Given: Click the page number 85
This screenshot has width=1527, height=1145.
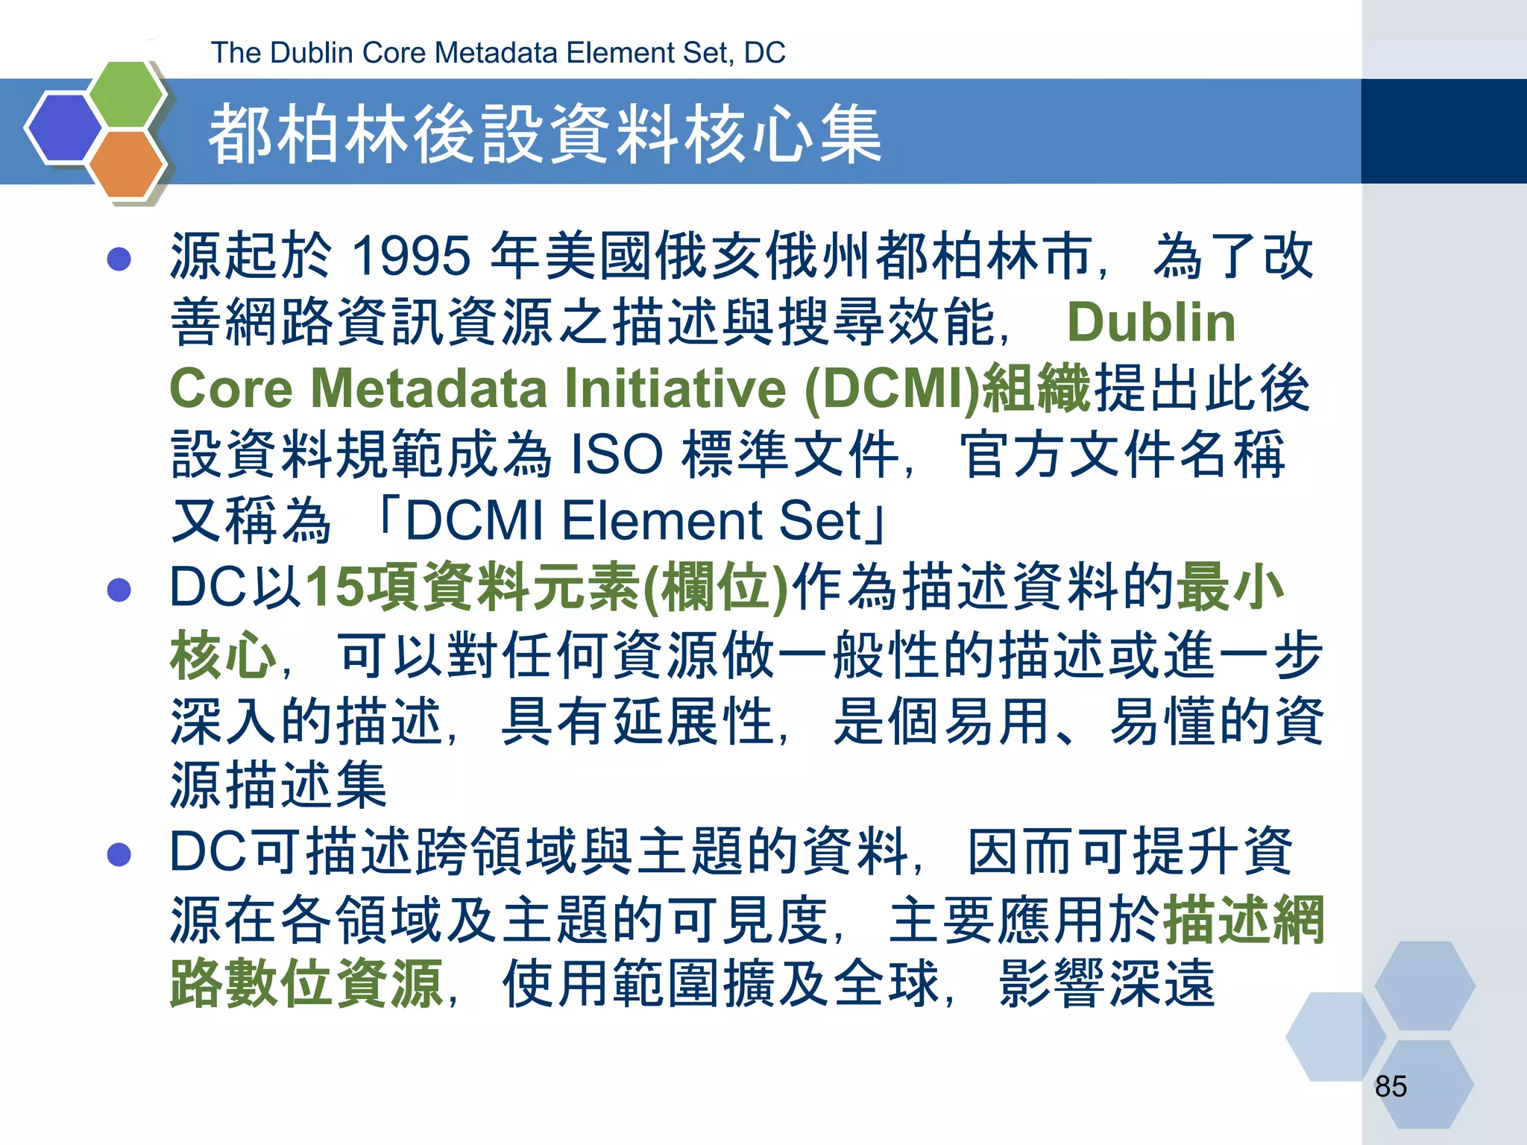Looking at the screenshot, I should click(1391, 1087).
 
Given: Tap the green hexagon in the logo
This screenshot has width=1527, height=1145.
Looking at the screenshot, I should click(127, 93).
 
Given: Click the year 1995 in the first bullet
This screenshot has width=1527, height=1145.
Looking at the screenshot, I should click(411, 256).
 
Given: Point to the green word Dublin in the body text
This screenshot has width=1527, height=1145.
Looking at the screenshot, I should click(1150, 323).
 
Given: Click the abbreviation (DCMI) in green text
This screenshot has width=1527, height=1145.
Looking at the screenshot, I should click(892, 388).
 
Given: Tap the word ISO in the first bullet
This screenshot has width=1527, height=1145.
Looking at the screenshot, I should click(616, 454).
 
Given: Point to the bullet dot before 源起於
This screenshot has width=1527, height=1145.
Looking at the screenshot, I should click(119, 259).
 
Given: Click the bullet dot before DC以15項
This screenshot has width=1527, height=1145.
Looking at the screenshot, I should click(119, 590).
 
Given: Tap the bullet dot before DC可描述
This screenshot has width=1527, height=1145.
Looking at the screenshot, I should click(119, 854).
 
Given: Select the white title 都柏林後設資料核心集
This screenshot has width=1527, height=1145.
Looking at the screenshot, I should click(544, 134).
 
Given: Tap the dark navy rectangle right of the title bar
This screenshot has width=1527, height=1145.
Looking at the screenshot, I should click(1443, 131).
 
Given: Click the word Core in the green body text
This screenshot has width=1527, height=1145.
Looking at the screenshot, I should click(231, 388).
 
